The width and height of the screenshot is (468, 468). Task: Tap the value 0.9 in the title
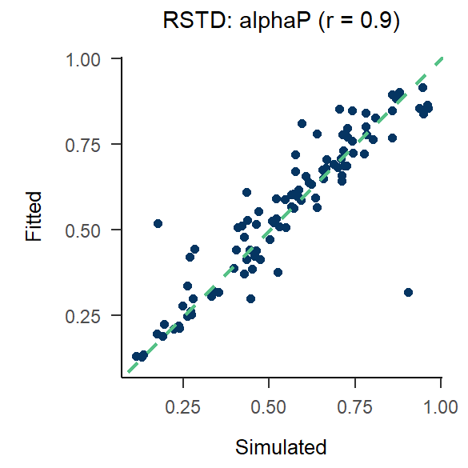[x=372, y=22]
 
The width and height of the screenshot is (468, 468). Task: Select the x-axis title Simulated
[x=281, y=446]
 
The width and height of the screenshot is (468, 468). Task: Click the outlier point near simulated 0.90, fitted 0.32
[x=408, y=293]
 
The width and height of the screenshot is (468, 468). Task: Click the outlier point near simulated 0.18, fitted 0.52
[x=158, y=224]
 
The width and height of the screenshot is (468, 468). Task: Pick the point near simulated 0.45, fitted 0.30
[x=250, y=298]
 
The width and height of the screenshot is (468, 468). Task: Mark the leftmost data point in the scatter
[x=136, y=357]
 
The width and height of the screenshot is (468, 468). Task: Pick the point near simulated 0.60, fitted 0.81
[x=302, y=124]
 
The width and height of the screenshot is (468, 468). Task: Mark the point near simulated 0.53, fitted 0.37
[x=278, y=272]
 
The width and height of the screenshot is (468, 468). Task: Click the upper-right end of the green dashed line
[x=441, y=58]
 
